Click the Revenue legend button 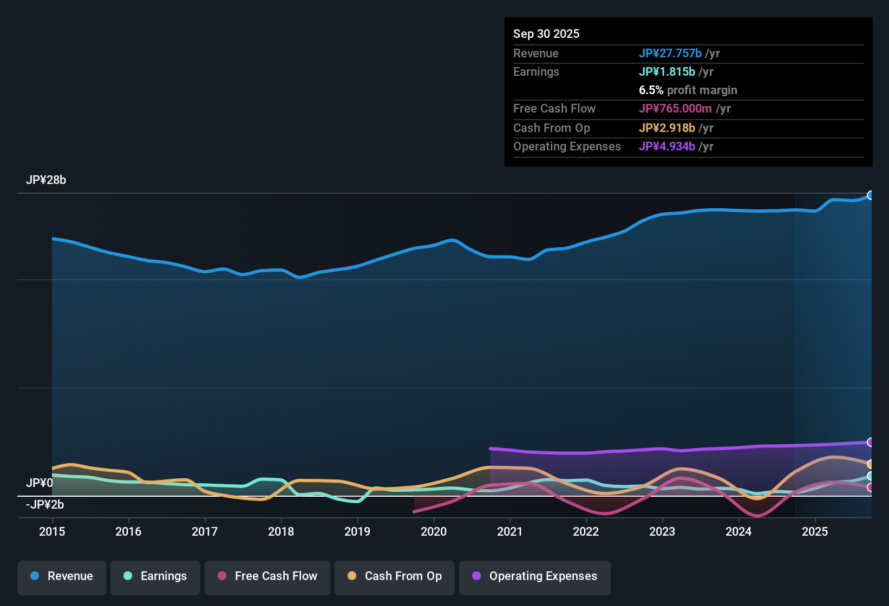coord(62,576)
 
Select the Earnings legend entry coord(155,576)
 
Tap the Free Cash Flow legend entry coord(267,576)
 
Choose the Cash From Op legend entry coord(395,576)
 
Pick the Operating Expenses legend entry coord(535,576)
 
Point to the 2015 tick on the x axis coord(52,531)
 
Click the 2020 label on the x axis coord(434,531)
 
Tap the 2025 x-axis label coord(815,531)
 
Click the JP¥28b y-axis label coord(46,180)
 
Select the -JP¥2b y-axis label coord(45,505)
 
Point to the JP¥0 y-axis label coord(40,483)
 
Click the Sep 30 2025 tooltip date coord(546,34)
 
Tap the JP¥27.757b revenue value coord(670,53)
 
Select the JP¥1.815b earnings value coord(666,71)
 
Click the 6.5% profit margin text coord(688,90)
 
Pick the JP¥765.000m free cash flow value coord(675,108)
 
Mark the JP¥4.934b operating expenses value coord(666,146)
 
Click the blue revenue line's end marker coord(871,195)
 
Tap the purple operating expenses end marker coord(871,442)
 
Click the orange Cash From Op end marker coord(871,464)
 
